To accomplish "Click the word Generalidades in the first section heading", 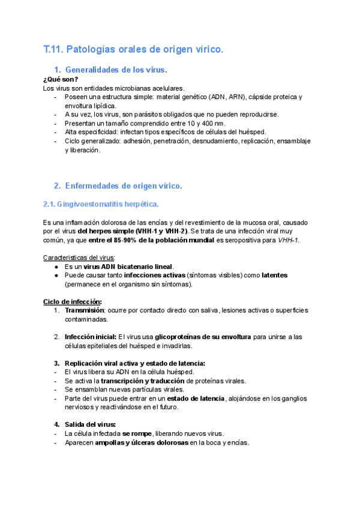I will (x=92, y=70).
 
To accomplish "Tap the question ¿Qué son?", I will (x=61, y=80).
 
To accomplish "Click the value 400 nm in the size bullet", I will (x=212, y=124).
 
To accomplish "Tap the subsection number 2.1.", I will (x=50, y=204).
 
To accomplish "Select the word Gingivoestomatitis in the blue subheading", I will (x=89, y=204).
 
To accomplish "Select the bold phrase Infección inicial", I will (x=90, y=337).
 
